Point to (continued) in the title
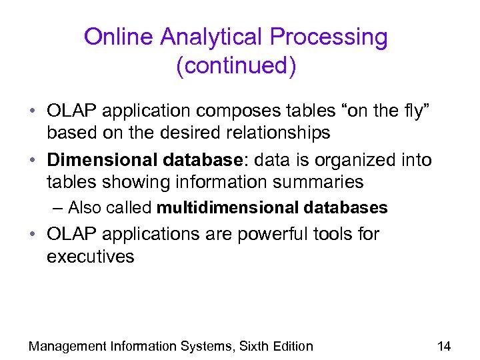coord(236,67)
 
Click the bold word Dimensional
coord(99,161)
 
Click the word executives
coord(90,257)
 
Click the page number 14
coord(443,346)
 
